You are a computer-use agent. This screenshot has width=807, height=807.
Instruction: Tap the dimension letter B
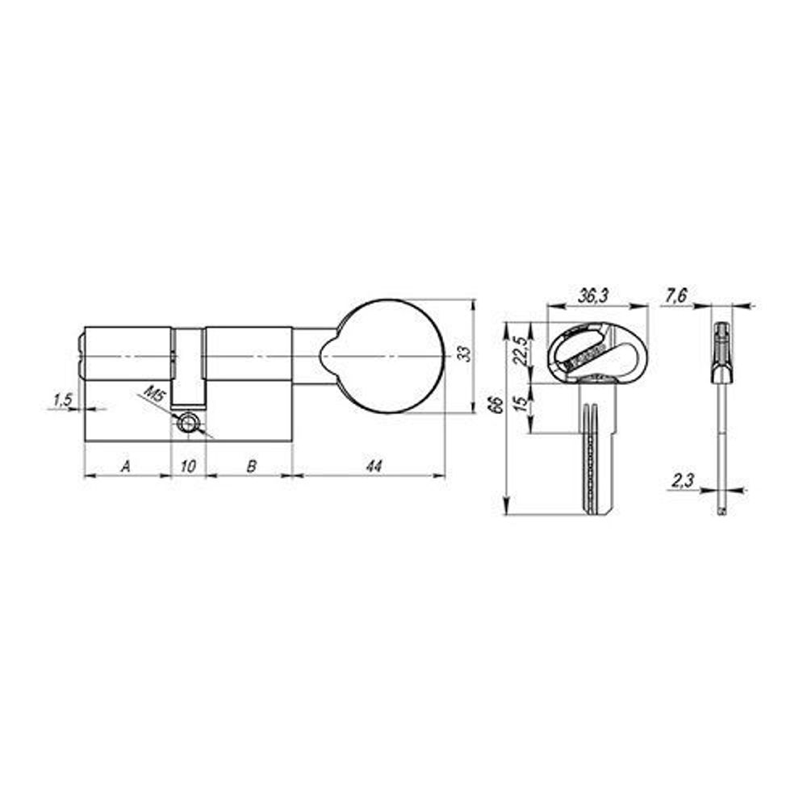coord(251,466)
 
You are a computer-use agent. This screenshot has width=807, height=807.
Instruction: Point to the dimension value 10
coord(188,466)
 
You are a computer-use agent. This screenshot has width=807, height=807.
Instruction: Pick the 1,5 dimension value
coord(62,399)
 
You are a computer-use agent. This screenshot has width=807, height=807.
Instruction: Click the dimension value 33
coord(462,355)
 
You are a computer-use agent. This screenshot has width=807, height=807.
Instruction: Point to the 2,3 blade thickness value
coord(682,482)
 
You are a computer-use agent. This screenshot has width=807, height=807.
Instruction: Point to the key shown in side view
coord(721,403)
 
